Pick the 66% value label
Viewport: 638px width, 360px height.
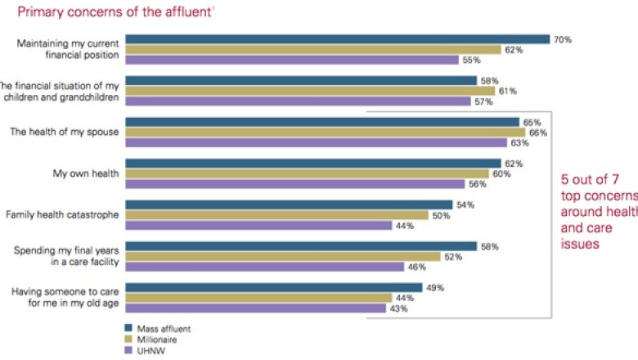click(538, 132)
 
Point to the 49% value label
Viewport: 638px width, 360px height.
click(435, 287)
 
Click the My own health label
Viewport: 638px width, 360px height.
click(87, 173)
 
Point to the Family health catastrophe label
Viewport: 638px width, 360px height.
click(63, 215)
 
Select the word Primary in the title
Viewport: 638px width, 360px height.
click(40, 12)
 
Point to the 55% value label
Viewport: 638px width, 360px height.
click(471, 60)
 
